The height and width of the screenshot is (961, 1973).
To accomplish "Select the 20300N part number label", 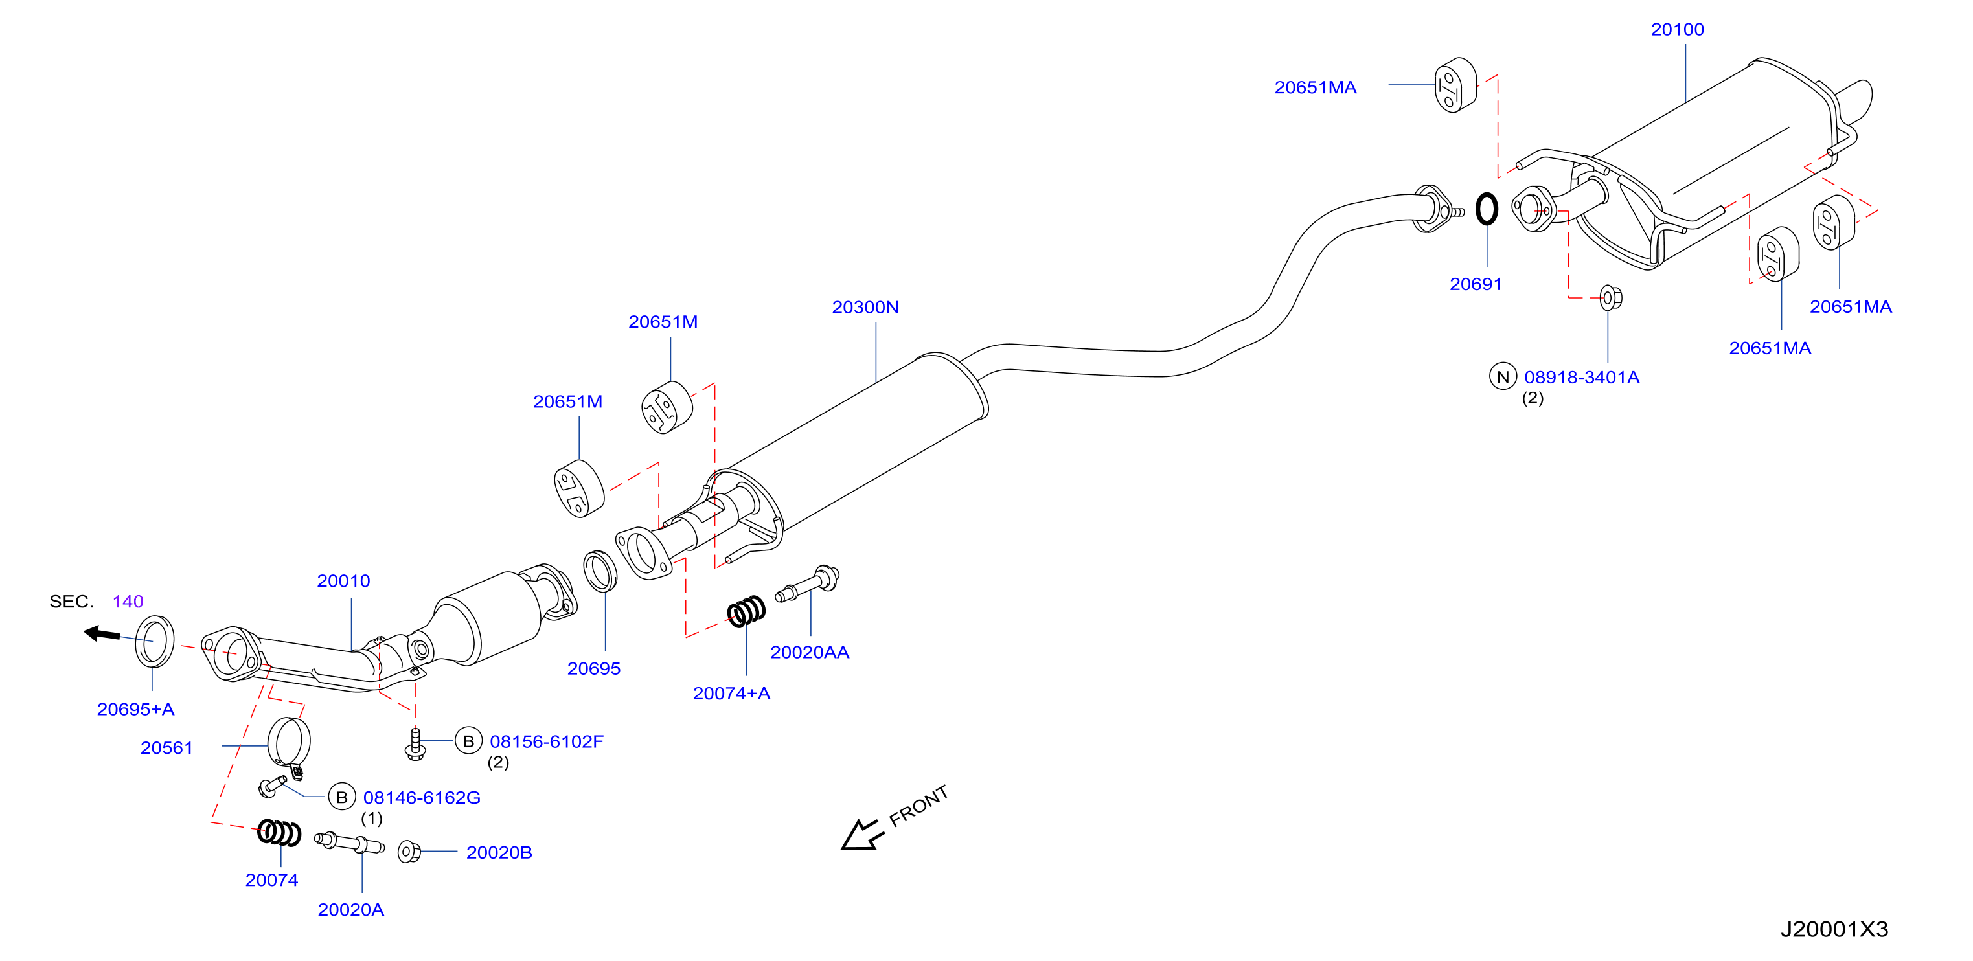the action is pos(865,307).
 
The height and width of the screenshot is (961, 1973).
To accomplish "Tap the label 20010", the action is pos(343,581).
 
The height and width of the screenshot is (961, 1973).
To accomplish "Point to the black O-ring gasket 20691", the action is pos(1486,209).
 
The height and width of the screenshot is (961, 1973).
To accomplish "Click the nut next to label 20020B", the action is pos(409,852).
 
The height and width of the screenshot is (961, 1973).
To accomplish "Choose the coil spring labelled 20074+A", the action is pos(746,611).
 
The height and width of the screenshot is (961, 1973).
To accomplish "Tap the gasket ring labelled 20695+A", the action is pos(155,642).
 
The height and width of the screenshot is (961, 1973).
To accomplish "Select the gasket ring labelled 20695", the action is pos(600,571).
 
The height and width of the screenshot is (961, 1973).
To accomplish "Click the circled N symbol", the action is pos(1503,376).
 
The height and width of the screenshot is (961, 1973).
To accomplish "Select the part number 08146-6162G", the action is pos(422,798).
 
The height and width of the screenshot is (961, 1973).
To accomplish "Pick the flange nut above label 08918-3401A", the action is pos(1611,297).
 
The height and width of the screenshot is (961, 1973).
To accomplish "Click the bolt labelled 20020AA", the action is pos(807,583).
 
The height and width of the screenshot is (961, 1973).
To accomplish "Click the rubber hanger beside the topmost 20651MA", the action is pos(1455,85).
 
